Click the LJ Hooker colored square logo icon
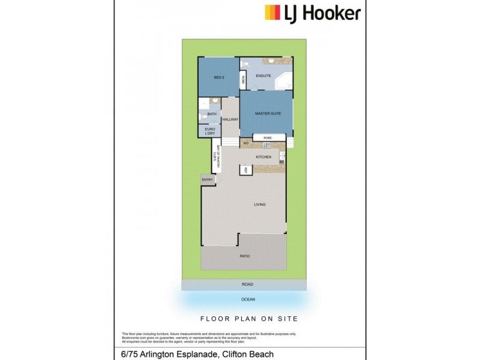click(272, 13)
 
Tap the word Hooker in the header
click(331, 13)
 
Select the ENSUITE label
click(263, 76)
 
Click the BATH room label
click(212, 114)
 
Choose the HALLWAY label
click(230, 119)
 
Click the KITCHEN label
click(263, 157)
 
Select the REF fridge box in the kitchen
click(245, 170)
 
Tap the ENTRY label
click(208, 180)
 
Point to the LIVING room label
click(260, 205)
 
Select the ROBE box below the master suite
click(268, 138)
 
